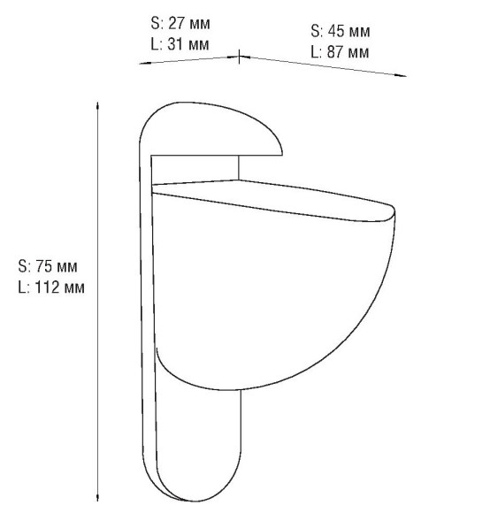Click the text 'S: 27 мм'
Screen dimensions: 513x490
(181, 23)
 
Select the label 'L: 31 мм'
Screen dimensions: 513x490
(180, 43)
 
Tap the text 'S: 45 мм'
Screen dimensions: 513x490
(340, 31)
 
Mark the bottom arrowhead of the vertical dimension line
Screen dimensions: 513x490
(96, 499)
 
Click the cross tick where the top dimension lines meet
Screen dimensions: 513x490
(239, 57)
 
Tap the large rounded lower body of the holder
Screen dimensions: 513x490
(265, 292)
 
